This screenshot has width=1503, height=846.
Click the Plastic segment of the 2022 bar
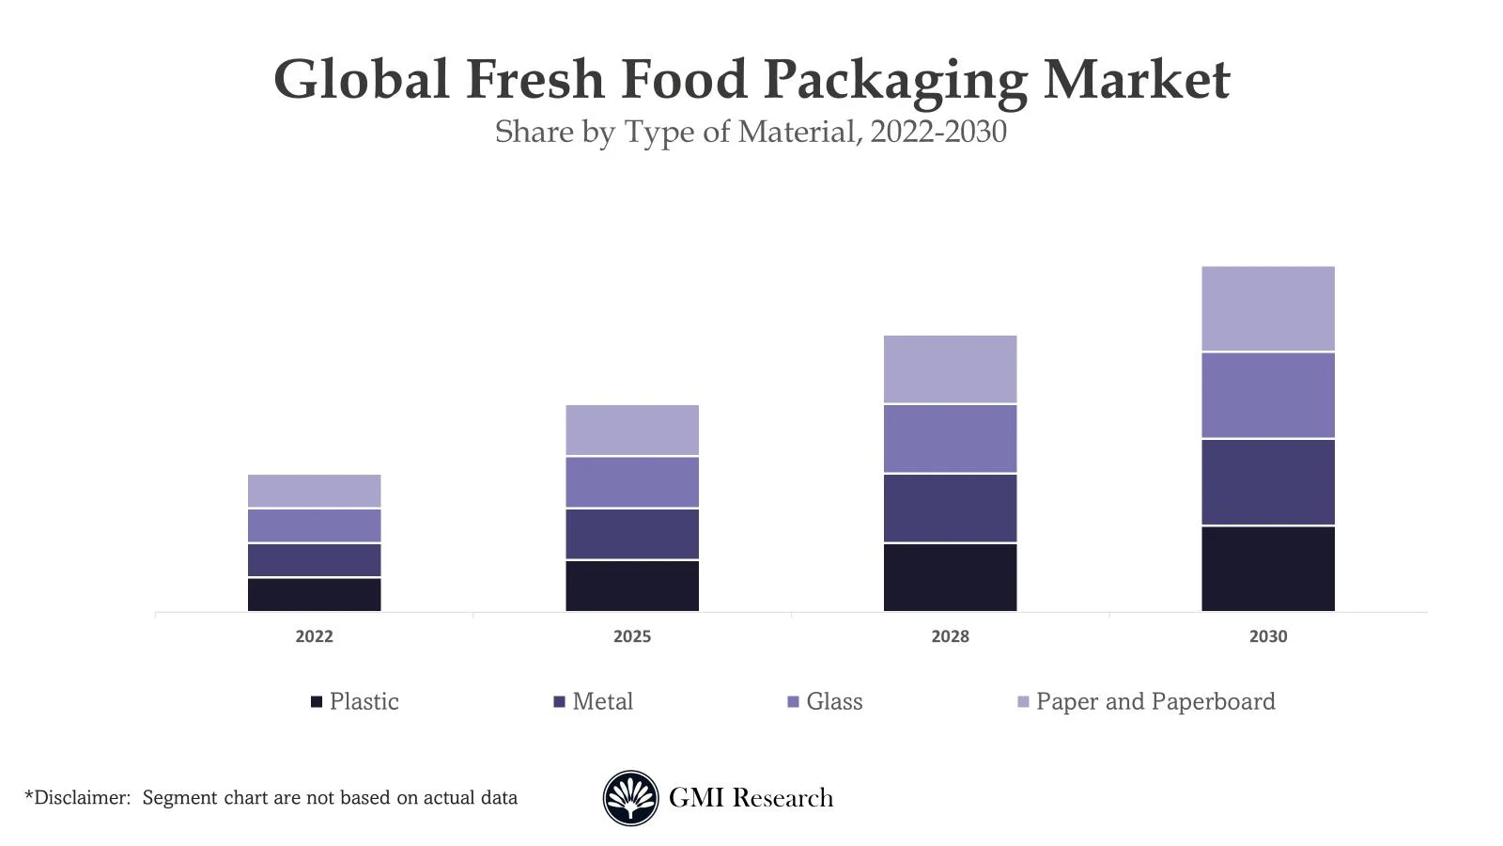point(314,594)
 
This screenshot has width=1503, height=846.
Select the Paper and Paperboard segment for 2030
point(1267,308)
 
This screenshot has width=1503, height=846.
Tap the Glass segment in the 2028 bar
point(950,439)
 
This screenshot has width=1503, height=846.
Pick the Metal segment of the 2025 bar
point(631,534)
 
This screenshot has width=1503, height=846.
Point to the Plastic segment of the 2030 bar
point(1267,569)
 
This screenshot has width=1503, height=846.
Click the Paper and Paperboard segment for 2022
point(314,491)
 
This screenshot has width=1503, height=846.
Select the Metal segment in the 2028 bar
point(950,508)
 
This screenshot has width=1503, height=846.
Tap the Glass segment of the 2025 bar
point(631,482)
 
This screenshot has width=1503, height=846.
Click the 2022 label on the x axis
point(314,636)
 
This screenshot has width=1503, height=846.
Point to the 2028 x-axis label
point(950,636)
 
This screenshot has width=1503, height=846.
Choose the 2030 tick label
point(1267,636)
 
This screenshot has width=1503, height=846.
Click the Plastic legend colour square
point(317,702)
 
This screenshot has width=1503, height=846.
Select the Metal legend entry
point(602,702)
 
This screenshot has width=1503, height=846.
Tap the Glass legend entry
point(833,702)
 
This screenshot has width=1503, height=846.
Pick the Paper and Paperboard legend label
point(1155,702)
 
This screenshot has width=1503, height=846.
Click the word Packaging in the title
point(895,80)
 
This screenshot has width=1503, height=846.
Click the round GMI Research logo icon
point(630,798)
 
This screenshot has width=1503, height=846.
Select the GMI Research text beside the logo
point(751,798)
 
